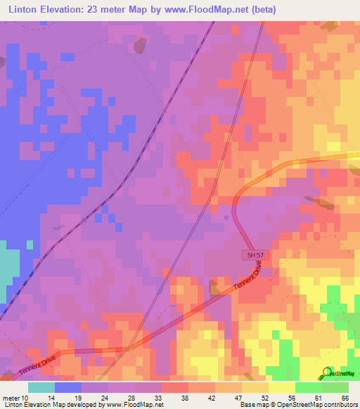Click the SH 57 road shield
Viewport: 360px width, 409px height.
coord(255,255)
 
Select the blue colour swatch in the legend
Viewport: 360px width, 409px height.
coord(68,387)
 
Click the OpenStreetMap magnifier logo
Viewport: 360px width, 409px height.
coord(326,372)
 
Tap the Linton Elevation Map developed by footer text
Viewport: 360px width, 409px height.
coord(53,405)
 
